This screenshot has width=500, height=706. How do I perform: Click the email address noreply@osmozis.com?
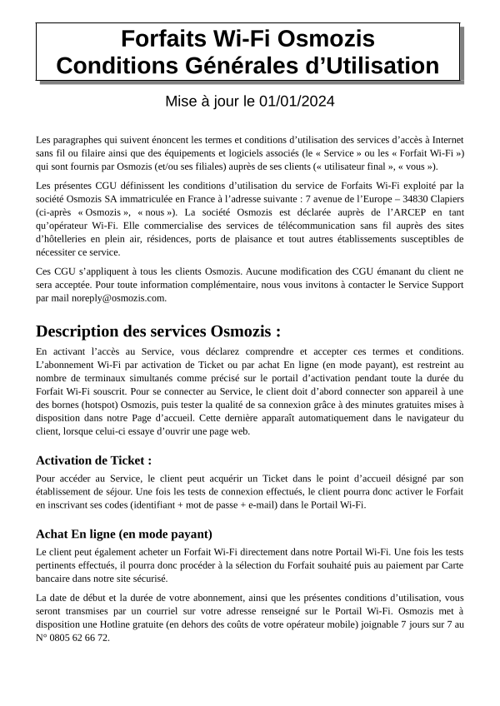(124, 297)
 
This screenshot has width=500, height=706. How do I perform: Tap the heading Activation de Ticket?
(94, 460)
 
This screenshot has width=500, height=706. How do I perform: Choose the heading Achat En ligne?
(123, 534)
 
